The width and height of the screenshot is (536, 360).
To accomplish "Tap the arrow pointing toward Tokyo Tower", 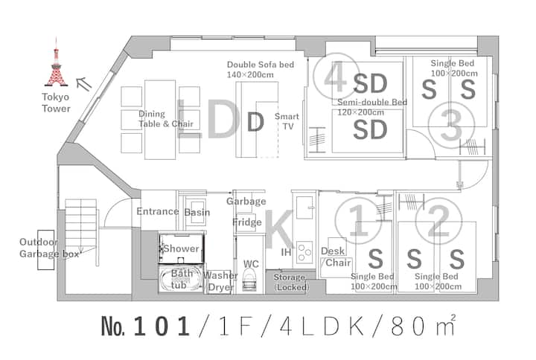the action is (x=84, y=84).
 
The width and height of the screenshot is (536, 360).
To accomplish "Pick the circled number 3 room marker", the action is (x=451, y=126).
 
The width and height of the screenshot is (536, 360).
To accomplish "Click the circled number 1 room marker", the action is (x=358, y=221).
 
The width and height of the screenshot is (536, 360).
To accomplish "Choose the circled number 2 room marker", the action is (x=438, y=221).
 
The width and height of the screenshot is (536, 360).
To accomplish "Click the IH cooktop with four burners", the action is (x=304, y=252).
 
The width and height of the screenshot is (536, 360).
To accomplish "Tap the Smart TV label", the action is (x=287, y=121).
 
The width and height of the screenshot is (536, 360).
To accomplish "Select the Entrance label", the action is (x=158, y=211).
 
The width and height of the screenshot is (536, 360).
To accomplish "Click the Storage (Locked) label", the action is (x=291, y=282).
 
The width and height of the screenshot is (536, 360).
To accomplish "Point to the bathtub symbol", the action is (x=181, y=279).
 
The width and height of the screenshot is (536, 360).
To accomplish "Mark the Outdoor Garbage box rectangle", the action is (x=46, y=250).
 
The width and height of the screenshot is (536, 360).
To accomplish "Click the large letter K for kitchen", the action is (x=279, y=229).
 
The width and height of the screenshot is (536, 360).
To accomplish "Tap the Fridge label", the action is (x=247, y=222).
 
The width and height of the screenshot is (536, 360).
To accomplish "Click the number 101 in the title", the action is (x=162, y=327).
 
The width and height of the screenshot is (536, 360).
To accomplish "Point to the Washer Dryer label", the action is (x=220, y=281).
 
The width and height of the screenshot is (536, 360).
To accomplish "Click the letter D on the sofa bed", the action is (x=255, y=122).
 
